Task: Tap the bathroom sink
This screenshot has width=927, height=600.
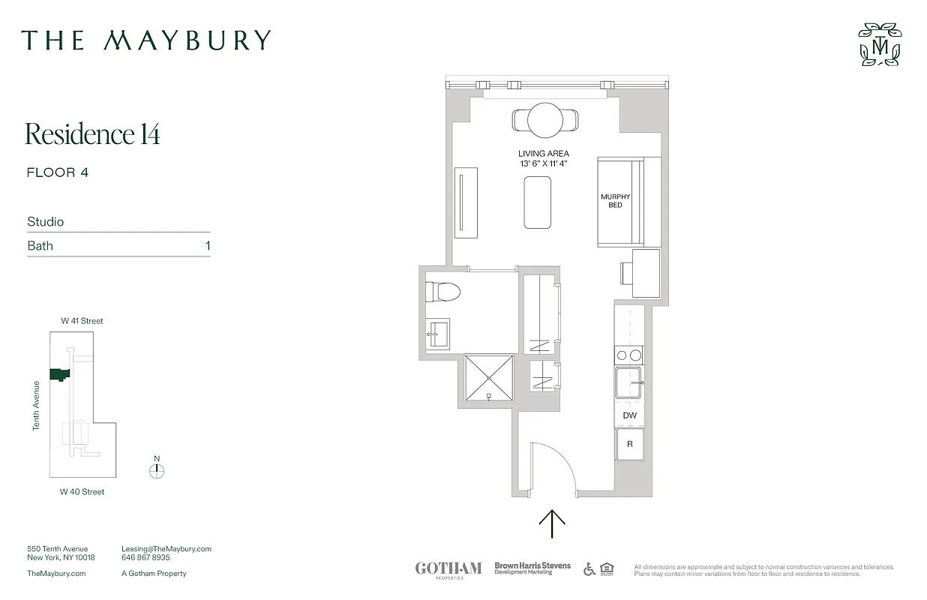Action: (x=438, y=332)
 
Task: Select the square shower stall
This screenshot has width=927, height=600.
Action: (x=489, y=376)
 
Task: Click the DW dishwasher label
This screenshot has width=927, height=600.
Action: (x=629, y=415)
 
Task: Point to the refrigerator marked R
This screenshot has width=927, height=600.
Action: (x=630, y=444)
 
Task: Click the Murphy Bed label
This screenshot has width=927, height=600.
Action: (x=610, y=201)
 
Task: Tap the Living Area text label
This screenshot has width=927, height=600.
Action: (x=543, y=154)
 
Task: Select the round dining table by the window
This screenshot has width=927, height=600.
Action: (x=545, y=119)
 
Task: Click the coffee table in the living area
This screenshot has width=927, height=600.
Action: (x=537, y=202)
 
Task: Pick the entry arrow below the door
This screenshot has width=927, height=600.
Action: (x=553, y=523)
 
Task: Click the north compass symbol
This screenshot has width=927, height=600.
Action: (x=157, y=471)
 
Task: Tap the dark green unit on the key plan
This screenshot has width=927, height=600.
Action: (x=58, y=374)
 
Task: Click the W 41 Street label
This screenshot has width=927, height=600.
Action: (x=82, y=321)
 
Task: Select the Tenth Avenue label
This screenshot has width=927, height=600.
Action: (x=36, y=406)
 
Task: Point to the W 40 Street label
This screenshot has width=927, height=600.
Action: (x=82, y=492)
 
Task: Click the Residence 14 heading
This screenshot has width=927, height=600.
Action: (x=93, y=133)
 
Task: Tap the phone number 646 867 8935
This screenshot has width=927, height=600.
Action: (x=145, y=558)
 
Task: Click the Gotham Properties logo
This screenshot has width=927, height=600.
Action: (x=448, y=568)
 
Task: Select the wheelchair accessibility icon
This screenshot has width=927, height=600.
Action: (x=589, y=568)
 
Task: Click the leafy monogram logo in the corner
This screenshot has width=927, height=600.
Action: (x=880, y=44)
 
